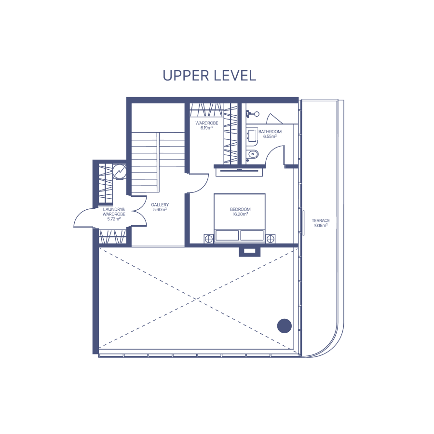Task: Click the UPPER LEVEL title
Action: tap(209, 75)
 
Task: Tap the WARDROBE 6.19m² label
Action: tap(207, 125)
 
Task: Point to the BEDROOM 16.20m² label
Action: tap(240, 212)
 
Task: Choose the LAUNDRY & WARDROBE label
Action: tap(114, 214)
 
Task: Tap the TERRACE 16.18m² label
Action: tap(321, 223)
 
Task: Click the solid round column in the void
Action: tap(284, 326)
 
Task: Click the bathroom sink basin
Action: tap(252, 136)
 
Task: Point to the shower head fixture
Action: tap(253, 114)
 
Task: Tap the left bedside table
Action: tap(209, 239)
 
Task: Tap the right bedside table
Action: tap(271, 239)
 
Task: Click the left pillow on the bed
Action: tap(227, 235)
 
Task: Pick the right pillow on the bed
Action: tap(252, 235)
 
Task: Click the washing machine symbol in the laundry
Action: tap(120, 172)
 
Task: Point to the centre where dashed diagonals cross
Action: tap(196, 298)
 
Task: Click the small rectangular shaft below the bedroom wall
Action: tap(249, 251)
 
